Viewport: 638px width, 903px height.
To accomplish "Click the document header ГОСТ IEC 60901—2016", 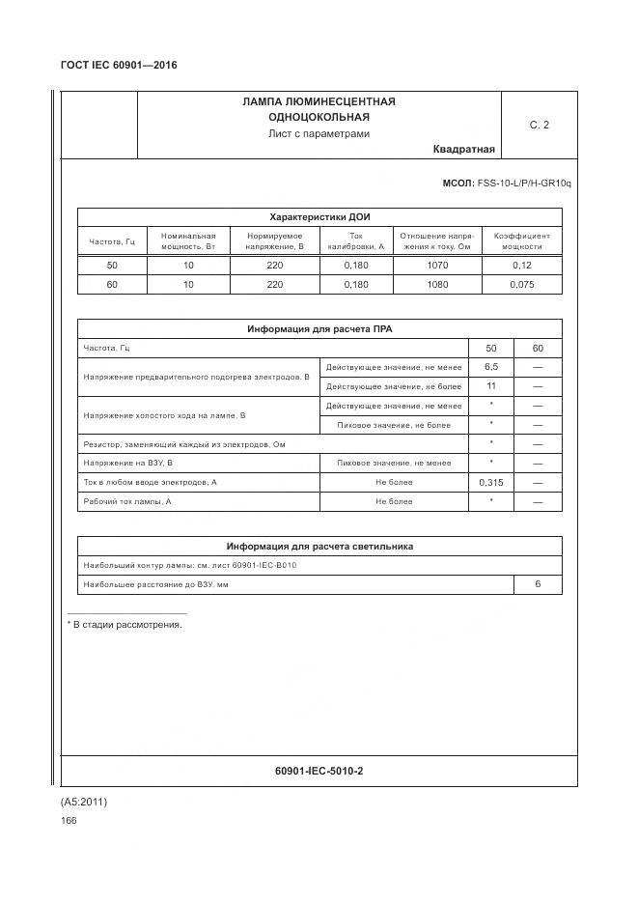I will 119,65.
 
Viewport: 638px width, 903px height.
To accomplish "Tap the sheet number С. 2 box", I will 539,125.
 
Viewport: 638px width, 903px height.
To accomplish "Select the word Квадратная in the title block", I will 463,149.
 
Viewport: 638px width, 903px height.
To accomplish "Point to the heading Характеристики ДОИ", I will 319,217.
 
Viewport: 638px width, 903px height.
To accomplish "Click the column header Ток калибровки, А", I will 355,240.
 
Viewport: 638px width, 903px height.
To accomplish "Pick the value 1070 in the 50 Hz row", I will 436,265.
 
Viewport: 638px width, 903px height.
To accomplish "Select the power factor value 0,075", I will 521,285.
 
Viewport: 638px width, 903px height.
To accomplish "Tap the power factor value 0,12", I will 521,265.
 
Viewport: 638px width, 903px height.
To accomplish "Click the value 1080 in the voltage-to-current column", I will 436,285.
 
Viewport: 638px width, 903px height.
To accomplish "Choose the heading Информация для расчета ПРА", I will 319,329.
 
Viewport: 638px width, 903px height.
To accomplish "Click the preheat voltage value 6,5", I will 490,367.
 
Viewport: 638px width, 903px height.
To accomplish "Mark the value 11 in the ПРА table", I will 490,386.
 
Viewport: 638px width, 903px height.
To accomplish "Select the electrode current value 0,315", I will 490,482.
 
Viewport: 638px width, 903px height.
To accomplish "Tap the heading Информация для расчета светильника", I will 319,546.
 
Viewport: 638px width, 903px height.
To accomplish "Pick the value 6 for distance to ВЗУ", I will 538,584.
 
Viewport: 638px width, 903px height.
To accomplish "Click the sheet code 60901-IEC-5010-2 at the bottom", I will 319,771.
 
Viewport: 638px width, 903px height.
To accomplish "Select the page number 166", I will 69,821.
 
